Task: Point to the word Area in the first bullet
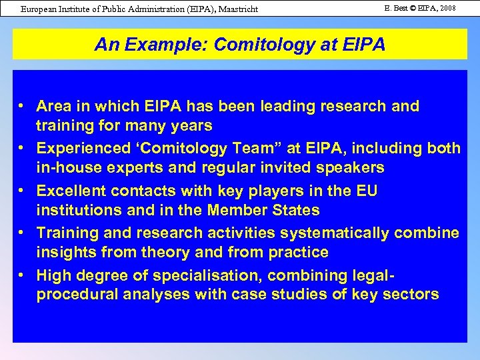pos(54,106)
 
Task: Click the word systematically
pos(336,233)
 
